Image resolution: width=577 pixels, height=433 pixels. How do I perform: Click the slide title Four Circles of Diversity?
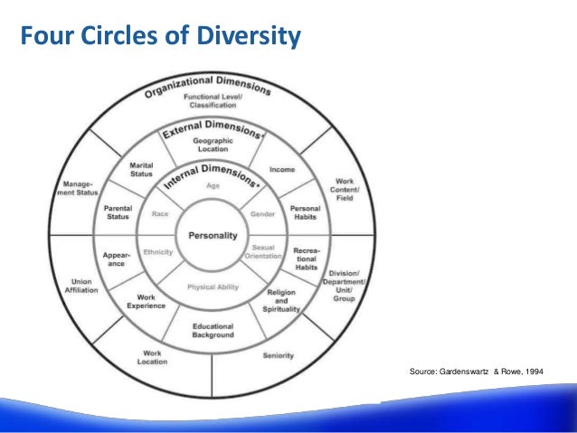click(x=159, y=38)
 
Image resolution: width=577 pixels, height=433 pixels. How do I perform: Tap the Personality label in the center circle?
click(x=213, y=235)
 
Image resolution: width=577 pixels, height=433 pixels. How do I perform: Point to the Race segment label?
click(x=160, y=214)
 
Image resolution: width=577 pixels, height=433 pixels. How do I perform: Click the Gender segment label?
click(x=262, y=214)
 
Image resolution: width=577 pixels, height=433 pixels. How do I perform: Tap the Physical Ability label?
click(x=213, y=287)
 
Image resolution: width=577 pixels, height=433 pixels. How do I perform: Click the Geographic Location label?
click(x=213, y=146)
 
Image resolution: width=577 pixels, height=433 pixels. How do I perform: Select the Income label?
click(x=284, y=169)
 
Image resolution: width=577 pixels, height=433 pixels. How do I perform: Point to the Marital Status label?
click(x=142, y=170)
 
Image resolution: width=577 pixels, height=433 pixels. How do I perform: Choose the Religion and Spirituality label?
click(x=281, y=300)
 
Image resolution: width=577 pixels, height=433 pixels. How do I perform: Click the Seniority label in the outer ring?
click(x=278, y=355)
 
